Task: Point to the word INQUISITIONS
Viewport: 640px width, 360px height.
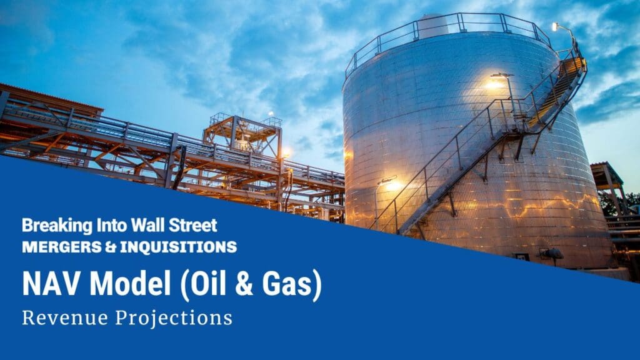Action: (x=179, y=246)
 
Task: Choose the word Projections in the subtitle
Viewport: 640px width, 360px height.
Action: (x=174, y=317)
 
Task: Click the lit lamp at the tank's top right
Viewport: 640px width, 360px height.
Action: (x=556, y=26)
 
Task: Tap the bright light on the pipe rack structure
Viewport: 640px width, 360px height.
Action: (x=286, y=152)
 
